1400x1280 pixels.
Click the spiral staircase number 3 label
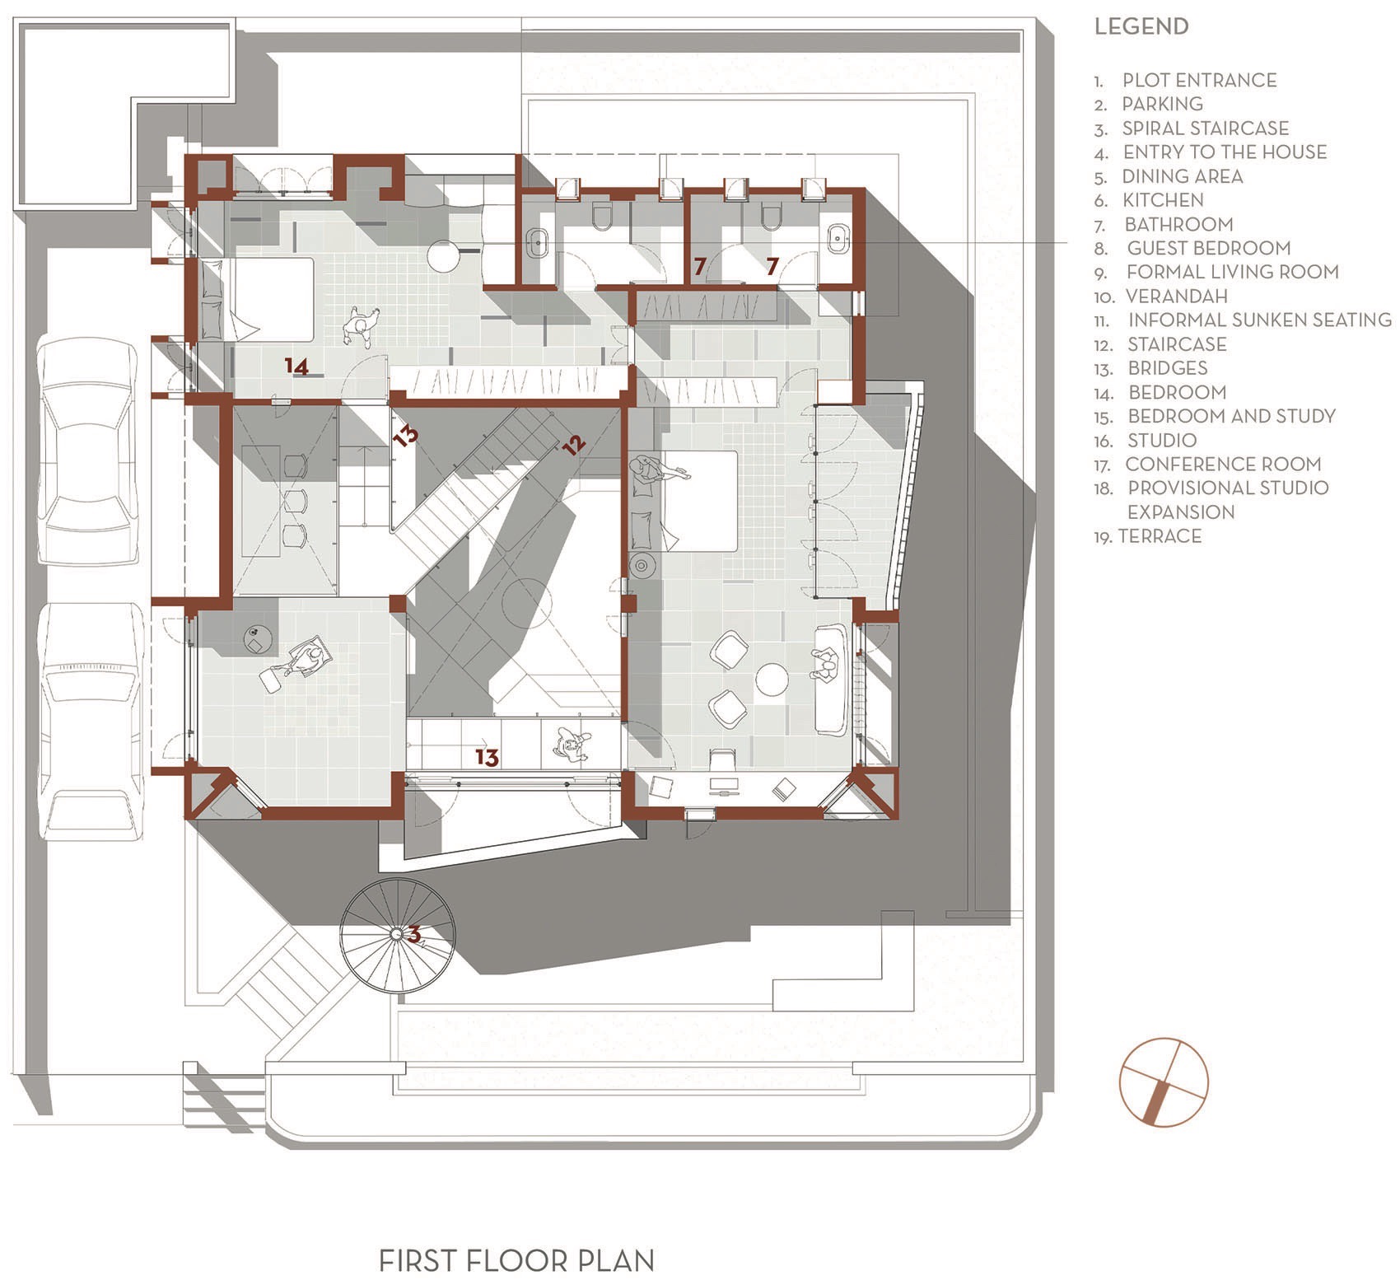click(415, 934)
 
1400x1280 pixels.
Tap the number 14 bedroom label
click(296, 365)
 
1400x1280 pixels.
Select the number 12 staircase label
click(574, 444)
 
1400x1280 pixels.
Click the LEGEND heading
click(1141, 26)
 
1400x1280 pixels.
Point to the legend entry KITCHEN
click(1162, 200)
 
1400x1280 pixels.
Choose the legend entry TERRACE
click(1159, 536)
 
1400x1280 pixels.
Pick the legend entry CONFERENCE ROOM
click(1222, 465)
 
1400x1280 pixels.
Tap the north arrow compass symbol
click(1164, 1081)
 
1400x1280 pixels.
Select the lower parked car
click(92, 721)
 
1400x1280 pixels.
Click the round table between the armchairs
click(772, 680)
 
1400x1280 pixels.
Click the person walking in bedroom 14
click(360, 326)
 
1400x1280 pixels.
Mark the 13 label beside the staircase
click(406, 435)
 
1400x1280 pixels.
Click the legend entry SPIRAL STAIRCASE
click(1205, 128)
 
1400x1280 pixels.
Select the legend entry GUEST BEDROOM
click(1208, 248)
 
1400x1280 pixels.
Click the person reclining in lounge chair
click(306, 659)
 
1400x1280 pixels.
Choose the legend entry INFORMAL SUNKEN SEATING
click(1259, 320)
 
